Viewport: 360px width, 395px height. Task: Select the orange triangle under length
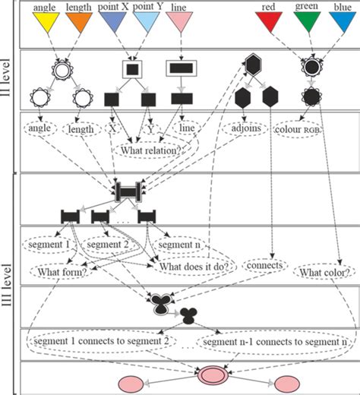79,24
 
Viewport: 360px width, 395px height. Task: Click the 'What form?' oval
55,269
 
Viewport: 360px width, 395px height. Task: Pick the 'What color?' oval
323,271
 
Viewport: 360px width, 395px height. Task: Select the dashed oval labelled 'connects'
265,267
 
